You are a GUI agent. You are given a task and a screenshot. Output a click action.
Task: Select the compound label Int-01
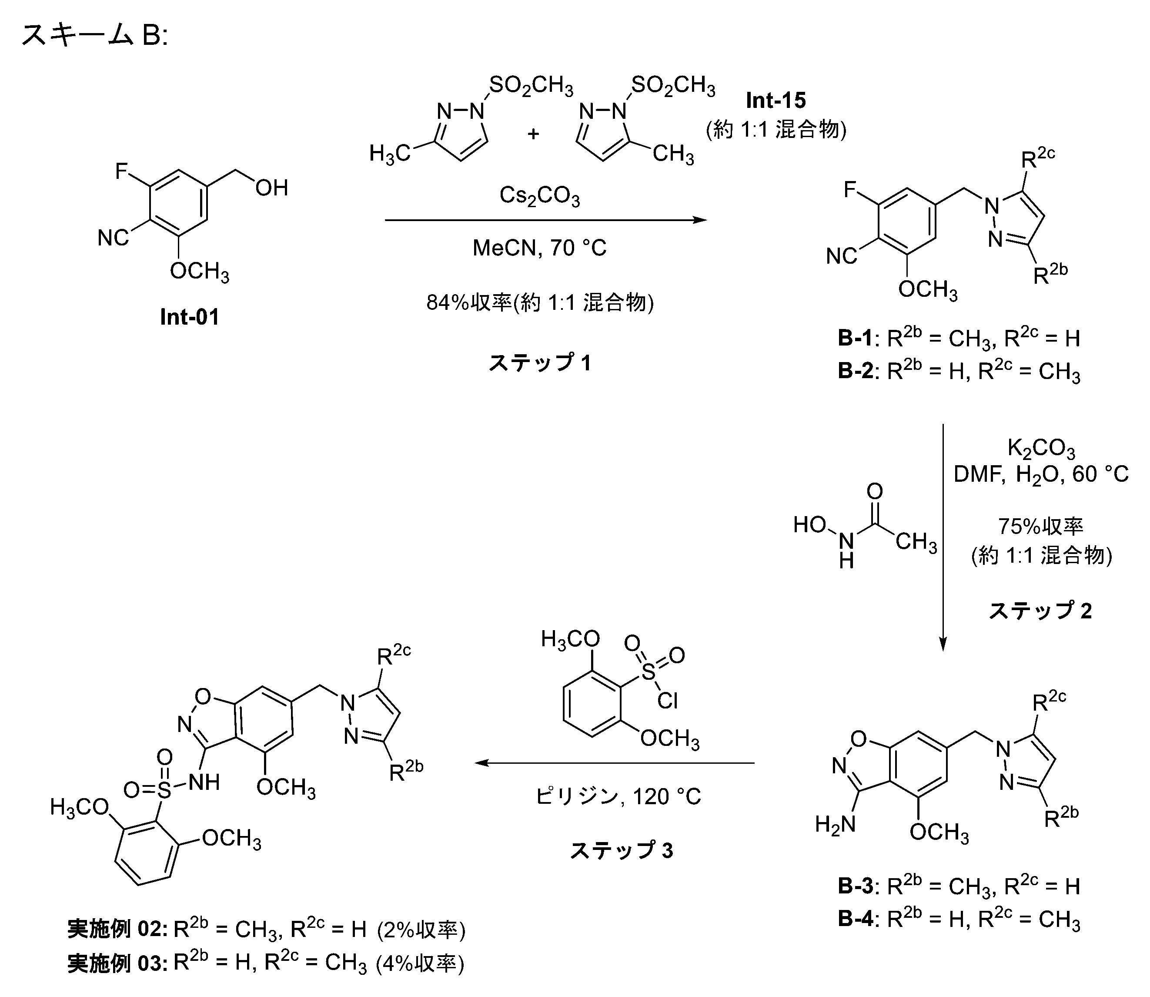coord(190,317)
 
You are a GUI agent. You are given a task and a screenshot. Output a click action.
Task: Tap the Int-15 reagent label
coord(776,100)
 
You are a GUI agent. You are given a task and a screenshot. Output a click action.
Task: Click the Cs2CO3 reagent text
coord(539,196)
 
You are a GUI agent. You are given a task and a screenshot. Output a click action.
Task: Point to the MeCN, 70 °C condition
coord(539,248)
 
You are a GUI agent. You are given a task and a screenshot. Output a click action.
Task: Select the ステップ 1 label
coord(539,363)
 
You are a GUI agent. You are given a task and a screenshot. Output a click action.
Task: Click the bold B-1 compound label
coord(855,338)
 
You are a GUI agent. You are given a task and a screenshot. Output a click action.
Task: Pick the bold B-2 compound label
coord(855,371)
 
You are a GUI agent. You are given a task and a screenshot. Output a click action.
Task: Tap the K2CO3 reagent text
coord(1041,448)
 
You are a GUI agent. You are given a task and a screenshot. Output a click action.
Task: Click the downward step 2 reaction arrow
coord(943,537)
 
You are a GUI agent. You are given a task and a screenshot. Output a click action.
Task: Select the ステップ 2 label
coord(1040,611)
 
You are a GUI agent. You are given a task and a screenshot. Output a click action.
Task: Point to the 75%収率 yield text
coord(1041,526)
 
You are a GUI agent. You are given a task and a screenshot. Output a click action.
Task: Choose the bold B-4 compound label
coord(855,919)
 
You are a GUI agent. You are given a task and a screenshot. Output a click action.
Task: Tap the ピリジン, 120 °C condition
coord(618,797)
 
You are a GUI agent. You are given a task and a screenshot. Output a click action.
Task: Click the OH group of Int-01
coord(272,188)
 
